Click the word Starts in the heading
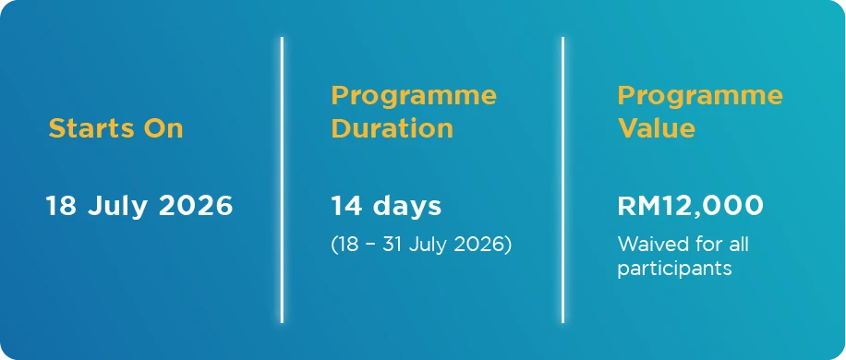click(x=91, y=128)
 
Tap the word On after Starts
click(x=163, y=128)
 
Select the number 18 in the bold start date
click(x=61, y=206)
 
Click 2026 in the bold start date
click(x=196, y=206)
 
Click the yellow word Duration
click(x=393, y=128)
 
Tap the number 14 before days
click(x=346, y=206)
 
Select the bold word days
click(x=406, y=207)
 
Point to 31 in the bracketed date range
click(x=393, y=244)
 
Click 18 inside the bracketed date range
click(x=347, y=244)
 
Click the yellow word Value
click(x=657, y=128)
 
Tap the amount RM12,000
click(x=691, y=207)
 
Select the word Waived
click(x=649, y=244)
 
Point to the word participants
click(x=674, y=269)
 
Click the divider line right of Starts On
click(x=283, y=180)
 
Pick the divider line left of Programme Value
click(x=562, y=180)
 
